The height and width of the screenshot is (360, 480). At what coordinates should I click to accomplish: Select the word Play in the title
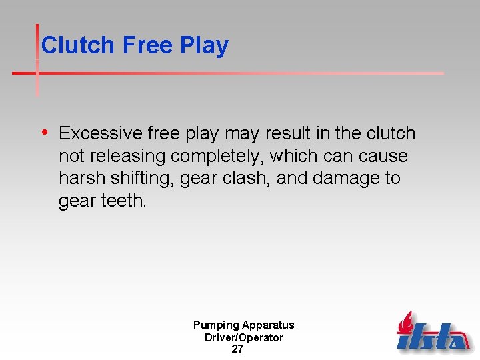tap(204, 45)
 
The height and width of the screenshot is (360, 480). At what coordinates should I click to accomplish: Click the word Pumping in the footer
tap(216, 325)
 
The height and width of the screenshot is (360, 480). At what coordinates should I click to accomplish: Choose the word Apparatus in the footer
tap(268, 325)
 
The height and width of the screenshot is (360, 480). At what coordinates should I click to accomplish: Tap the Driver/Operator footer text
tap(243, 337)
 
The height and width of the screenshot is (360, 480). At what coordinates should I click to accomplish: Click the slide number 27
tap(237, 349)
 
